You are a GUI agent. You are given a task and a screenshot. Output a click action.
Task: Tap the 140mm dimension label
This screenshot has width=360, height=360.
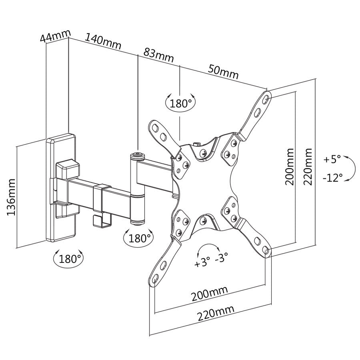point(102,42)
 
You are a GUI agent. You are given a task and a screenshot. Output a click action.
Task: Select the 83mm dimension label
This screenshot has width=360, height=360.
point(158,55)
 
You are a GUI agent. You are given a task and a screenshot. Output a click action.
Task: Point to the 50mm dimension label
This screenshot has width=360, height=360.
point(223,72)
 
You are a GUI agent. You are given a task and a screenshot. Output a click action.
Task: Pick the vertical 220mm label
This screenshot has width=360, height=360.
point(308,167)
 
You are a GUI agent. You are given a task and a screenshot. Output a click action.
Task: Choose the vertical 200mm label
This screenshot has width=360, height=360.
point(289,167)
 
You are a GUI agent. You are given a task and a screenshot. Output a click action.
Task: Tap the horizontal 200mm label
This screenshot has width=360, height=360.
point(209,294)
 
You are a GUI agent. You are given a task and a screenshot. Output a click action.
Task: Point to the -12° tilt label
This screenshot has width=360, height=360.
point(332,177)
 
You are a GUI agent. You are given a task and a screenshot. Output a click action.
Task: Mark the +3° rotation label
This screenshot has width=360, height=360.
point(202,264)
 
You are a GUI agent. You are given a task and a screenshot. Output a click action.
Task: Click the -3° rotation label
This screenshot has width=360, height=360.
point(221,258)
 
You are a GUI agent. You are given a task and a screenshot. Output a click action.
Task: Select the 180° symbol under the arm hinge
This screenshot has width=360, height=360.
point(139,238)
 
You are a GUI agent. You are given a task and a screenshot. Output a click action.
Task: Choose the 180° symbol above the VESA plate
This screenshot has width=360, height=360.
point(180,104)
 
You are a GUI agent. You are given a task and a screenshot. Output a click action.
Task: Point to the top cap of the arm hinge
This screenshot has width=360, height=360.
point(138,154)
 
